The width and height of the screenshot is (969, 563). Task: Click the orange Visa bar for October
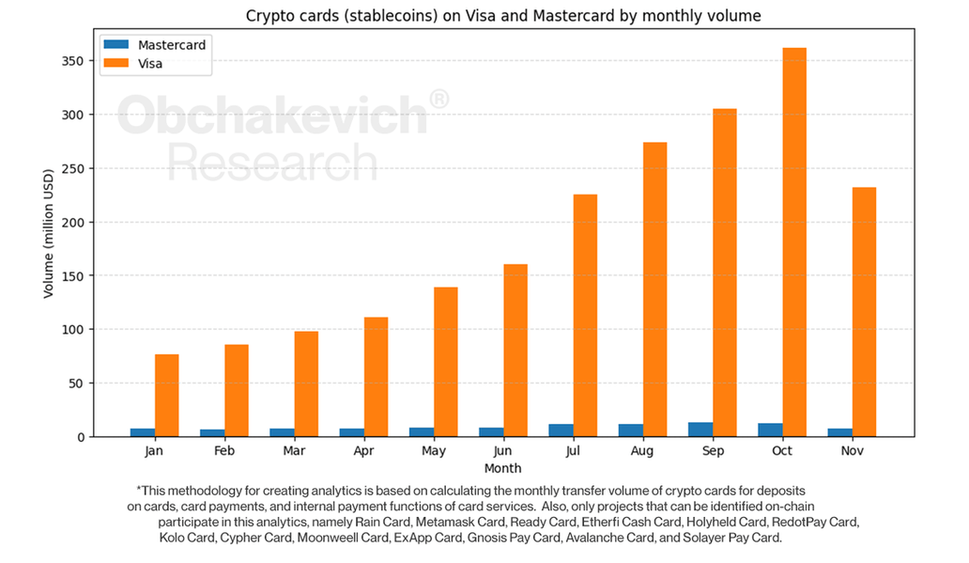pyautogui.click(x=794, y=242)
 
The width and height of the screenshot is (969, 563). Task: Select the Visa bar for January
pyautogui.click(x=167, y=395)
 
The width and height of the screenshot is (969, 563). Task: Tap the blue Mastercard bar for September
pyautogui.click(x=700, y=430)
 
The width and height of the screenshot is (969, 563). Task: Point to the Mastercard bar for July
pyautogui.click(x=561, y=430)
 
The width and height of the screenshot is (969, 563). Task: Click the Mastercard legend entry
pyautogui.click(x=171, y=45)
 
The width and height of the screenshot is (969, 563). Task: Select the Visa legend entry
pyautogui.click(x=150, y=64)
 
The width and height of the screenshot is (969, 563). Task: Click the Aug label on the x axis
pyautogui.click(x=642, y=451)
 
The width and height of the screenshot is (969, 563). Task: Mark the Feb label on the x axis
pyautogui.click(x=223, y=451)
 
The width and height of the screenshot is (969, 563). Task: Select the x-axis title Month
pyautogui.click(x=503, y=468)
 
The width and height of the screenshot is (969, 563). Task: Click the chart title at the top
pyautogui.click(x=503, y=15)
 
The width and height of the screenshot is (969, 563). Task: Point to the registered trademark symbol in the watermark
pyautogui.click(x=438, y=100)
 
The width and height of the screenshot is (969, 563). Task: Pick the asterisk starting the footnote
pyautogui.click(x=139, y=490)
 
